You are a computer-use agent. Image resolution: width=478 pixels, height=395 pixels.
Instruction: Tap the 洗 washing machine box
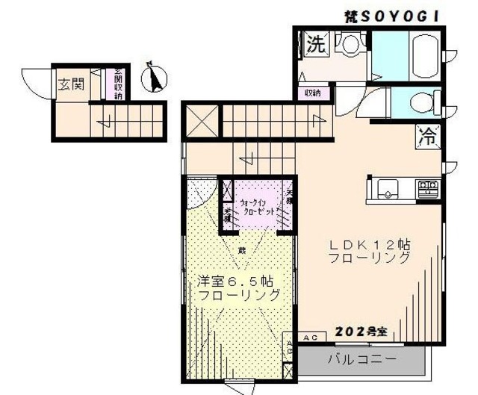click(316, 45)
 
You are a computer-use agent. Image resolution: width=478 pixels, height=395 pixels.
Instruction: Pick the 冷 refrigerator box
click(428, 137)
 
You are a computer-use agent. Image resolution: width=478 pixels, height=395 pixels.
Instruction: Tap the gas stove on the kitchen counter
click(426, 187)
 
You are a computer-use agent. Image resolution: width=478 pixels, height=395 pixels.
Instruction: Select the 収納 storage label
click(312, 93)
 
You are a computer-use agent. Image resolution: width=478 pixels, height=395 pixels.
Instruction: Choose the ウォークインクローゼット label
click(258, 206)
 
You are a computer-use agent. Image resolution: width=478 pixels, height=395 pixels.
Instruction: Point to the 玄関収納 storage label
click(117, 83)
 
